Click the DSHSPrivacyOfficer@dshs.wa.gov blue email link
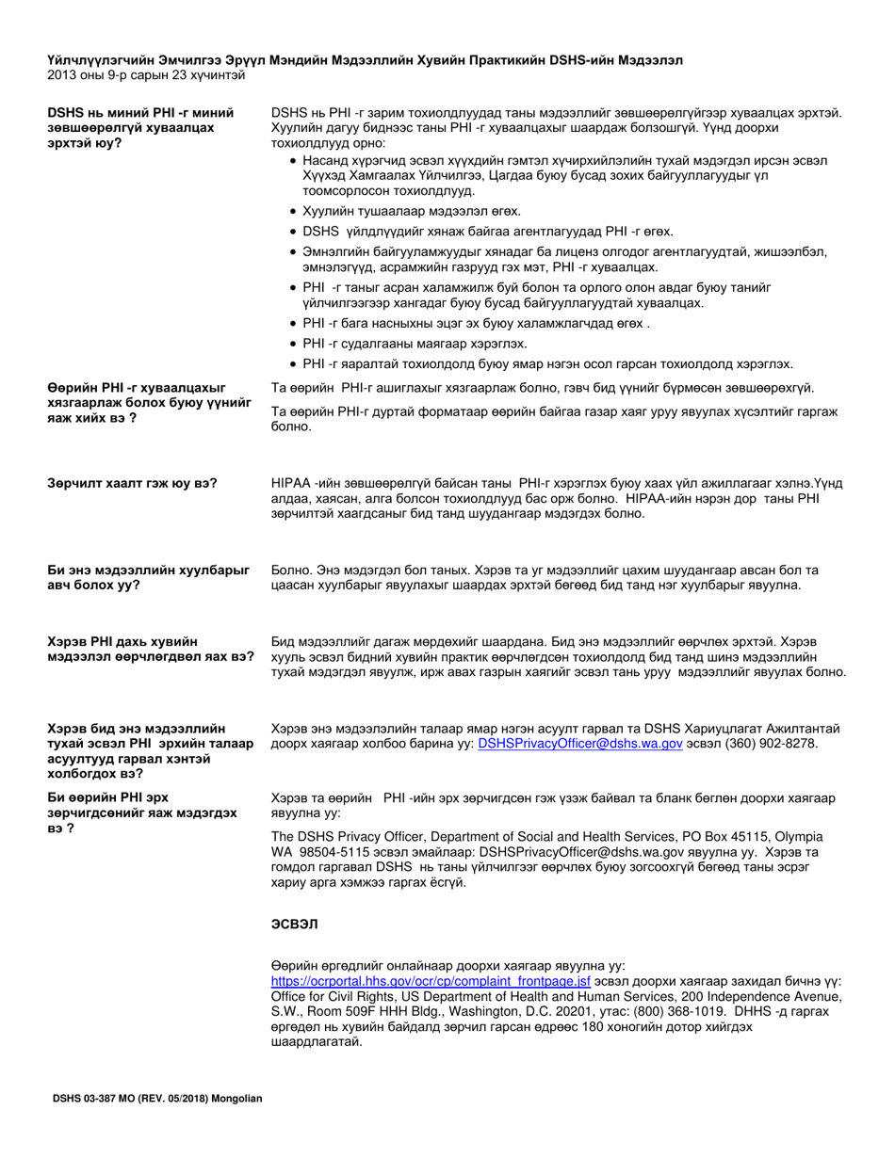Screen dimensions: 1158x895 [580, 744]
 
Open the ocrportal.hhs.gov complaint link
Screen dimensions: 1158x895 [431, 980]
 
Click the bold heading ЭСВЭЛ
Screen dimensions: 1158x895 [294, 925]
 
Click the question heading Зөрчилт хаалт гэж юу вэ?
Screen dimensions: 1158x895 [133, 483]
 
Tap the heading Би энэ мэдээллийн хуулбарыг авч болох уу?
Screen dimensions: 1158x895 [149, 577]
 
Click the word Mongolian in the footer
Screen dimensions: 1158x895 [236, 1099]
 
